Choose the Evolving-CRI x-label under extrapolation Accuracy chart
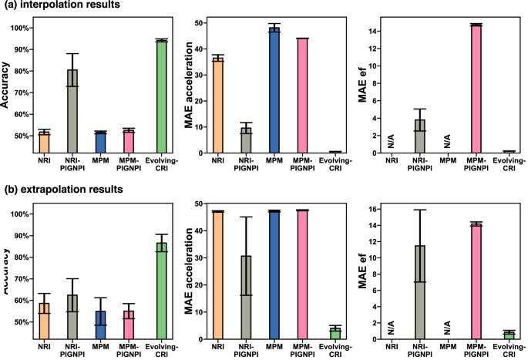point(161,352)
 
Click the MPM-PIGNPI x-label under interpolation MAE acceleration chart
point(301,167)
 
